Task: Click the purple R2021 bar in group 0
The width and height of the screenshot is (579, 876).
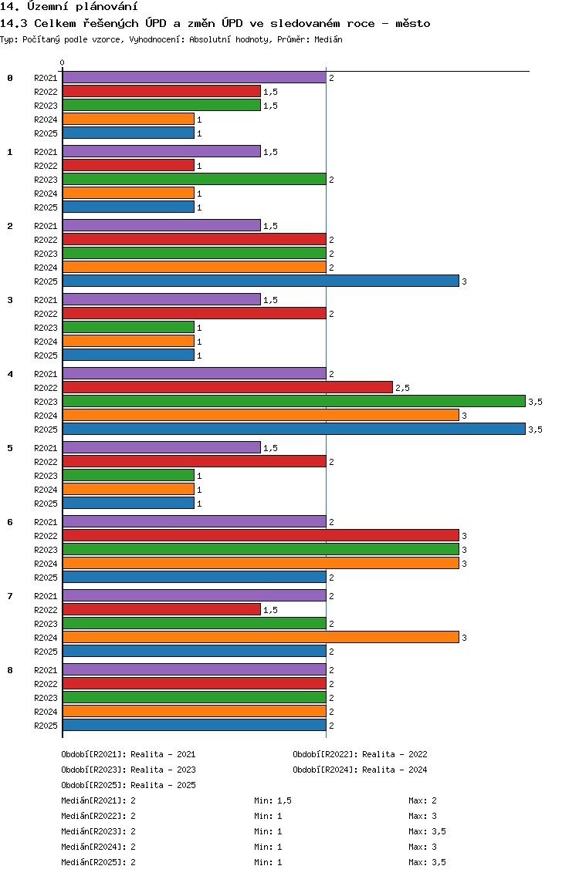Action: pos(194,78)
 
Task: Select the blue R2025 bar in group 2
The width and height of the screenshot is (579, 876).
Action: pos(261,281)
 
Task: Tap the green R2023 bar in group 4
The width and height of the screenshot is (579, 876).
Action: pos(293,401)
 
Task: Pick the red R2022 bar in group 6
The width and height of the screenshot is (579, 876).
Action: pos(261,535)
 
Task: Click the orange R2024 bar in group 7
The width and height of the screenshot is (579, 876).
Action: pos(261,637)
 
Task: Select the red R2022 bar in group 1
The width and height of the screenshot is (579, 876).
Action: pos(128,165)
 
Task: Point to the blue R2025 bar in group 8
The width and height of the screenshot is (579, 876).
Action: pos(194,725)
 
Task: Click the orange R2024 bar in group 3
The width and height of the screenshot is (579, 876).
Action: pos(128,342)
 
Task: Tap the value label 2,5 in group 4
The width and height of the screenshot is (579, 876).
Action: pos(402,388)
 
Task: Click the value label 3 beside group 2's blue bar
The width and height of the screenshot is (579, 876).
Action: pos(464,281)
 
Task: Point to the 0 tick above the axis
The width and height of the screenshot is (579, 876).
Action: pos(62,62)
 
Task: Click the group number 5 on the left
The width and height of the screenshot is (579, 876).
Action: pos(10,448)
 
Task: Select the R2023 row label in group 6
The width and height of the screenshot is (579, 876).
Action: pos(46,550)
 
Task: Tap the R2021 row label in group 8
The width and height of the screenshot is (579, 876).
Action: pos(46,670)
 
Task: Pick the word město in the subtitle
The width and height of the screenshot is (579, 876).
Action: pos(413,23)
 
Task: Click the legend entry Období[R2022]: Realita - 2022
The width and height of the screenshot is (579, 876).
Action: pos(360,754)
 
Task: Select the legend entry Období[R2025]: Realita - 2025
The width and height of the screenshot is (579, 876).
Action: pos(129,785)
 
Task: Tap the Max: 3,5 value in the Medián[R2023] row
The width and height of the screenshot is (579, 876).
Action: pos(427,831)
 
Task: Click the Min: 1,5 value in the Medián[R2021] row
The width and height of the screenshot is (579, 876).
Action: pos(273,800)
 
